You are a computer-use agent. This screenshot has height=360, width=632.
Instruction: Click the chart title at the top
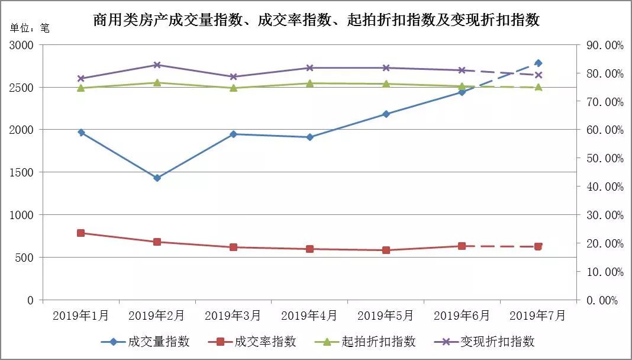point(317,20)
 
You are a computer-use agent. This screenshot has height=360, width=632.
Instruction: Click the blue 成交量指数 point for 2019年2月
point(157,178)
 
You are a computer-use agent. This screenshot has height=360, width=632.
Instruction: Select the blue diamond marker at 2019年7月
point(538,63)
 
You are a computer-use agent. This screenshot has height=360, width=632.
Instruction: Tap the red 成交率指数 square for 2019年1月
point(81,233)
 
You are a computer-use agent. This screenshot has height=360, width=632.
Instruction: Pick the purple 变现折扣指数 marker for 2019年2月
point(157,65)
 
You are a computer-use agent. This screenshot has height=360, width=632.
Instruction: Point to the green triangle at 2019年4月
point(309,83)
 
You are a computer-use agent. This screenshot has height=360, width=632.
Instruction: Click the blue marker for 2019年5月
point(386,114)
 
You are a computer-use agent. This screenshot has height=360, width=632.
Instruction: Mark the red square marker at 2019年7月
point(538,246)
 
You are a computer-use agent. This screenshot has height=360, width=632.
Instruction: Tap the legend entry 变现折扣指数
point(485,342)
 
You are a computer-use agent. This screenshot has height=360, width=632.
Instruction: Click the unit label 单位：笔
point(30,27)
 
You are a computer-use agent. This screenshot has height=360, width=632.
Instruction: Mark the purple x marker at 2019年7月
point(538,75)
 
